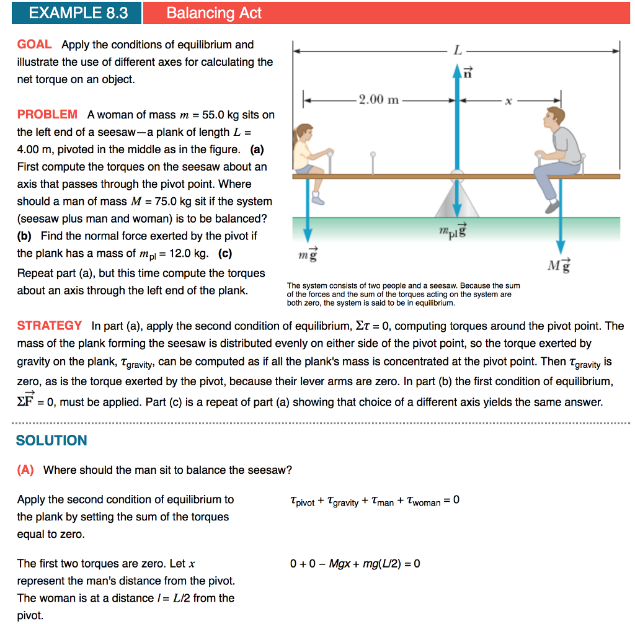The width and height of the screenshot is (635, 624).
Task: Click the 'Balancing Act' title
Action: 214,13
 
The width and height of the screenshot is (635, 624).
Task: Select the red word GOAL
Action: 34,45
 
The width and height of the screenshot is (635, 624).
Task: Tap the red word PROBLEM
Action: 47,114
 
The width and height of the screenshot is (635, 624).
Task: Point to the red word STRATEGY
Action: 49,326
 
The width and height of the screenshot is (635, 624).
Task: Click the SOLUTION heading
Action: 51,440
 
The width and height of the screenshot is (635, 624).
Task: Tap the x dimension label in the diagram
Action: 508,100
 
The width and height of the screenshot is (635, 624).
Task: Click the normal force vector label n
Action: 468,72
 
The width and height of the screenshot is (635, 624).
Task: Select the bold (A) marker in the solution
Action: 25,470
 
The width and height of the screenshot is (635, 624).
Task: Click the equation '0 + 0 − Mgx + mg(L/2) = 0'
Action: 355,564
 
